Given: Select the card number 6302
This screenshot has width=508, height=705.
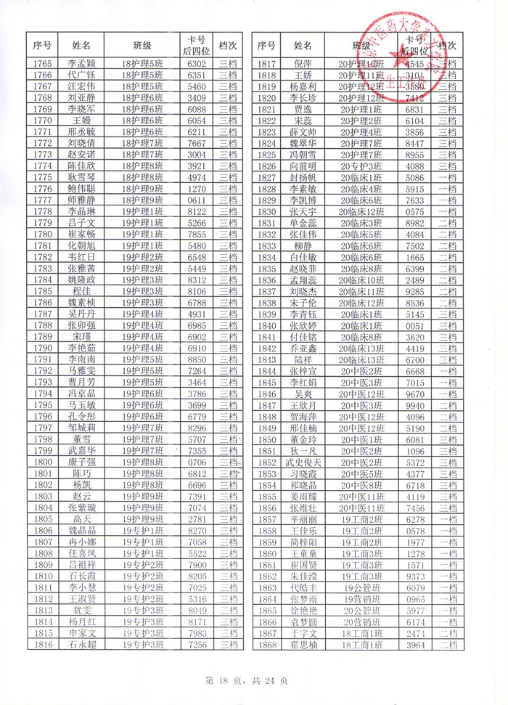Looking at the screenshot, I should pyautogui.click(x=197, y=64).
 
